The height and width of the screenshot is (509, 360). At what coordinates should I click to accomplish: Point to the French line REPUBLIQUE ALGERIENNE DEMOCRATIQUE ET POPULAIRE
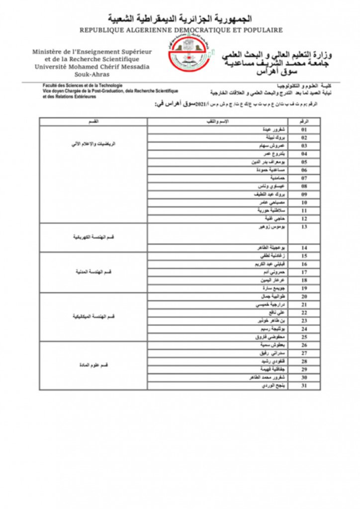pos(181,30)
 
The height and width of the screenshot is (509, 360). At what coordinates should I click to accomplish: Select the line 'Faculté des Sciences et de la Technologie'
pos(83,86)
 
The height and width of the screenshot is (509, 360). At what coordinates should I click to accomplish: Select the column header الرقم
pos(305,121)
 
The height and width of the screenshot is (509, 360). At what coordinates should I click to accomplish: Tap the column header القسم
pos(93,121)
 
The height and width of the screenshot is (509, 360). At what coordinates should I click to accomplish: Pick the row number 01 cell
pos(305,130)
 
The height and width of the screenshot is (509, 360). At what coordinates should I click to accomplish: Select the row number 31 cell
pos(305,385)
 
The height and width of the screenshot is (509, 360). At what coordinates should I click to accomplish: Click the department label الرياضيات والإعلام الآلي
pos(93,144)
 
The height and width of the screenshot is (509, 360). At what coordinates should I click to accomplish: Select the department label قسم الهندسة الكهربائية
pos(93,237)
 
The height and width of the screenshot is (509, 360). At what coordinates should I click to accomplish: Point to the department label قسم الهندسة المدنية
pos(93,272)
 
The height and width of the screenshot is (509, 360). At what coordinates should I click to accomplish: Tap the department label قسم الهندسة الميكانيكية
pos(93,316)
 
